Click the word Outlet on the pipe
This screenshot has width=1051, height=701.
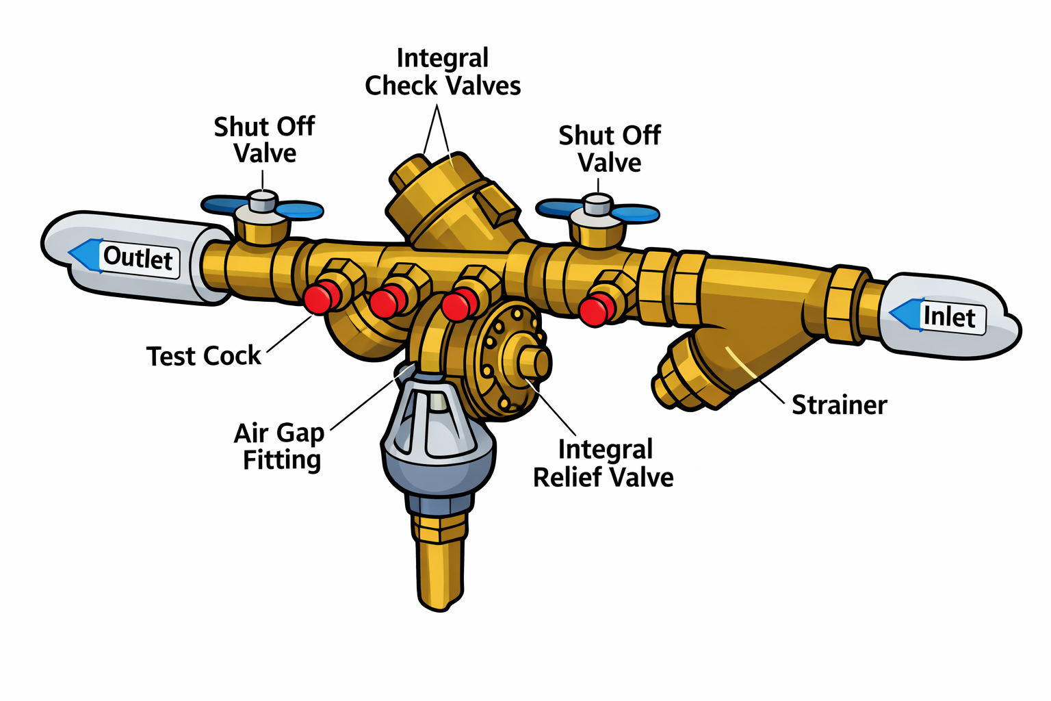click(x=138, y=259)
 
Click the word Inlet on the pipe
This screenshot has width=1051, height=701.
click(x=949, y=317)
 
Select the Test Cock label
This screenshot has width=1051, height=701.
click(x=204, y=356)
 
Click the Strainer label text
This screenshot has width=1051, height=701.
click(x=839, y=405)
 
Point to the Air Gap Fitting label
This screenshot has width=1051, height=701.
click(x=279, y=446)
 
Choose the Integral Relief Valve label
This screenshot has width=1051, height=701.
click(x=604, y=463)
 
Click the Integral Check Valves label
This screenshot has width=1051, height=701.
click(x=443, y=72)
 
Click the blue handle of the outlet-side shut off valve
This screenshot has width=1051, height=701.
click(x=300, y=209)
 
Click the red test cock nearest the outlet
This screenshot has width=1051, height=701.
click(x=321, y=297)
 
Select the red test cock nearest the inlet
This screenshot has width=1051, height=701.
click(x=595, y=309)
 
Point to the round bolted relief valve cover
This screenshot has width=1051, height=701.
click(x=510, y=361)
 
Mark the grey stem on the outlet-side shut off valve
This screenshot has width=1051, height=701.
click(x=261, y=201)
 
